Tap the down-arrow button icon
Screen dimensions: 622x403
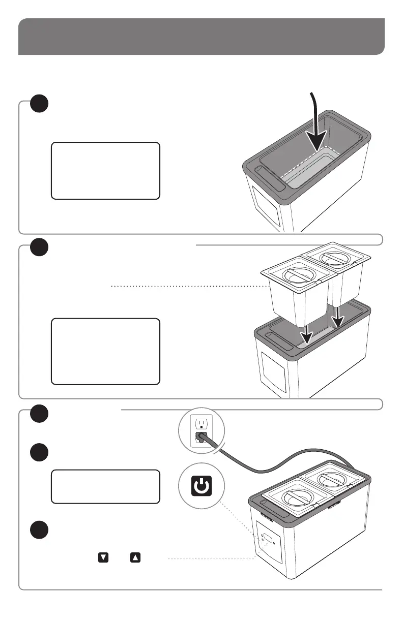pos(103,557)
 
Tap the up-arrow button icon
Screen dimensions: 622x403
pos(135,557)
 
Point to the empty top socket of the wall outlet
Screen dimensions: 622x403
pos(202,423)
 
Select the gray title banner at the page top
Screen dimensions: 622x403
pos(201,37)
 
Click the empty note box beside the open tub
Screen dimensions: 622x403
pos(105,170)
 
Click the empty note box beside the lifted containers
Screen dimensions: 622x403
pos(105,351)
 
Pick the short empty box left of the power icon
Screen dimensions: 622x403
pos(105,486)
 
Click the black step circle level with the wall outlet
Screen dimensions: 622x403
pos(39,414)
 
